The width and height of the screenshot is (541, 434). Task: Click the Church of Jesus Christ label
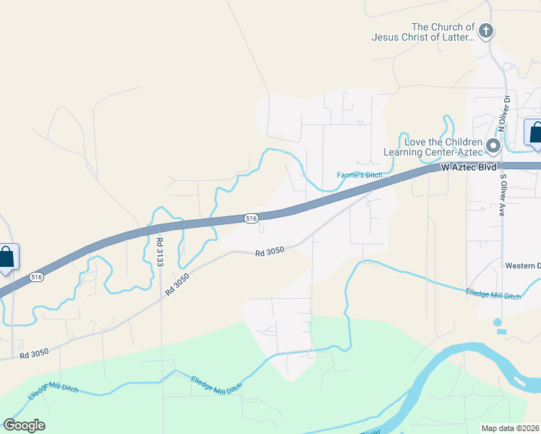pyautogui.click(x=423, y=32)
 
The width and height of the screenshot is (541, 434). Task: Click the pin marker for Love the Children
pyautogui.click(x=494, y=146)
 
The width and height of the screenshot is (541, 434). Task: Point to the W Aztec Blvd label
pyautogui.click(x=469, y=167)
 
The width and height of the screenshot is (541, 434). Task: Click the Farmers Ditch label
pyautogui.click(x=359, y=174)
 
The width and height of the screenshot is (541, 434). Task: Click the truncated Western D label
pyautogui.click(x=524, y=265)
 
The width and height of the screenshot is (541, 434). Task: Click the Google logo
pyautogui.click(x=24, y=425)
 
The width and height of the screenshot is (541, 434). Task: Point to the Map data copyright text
pyautogui.click(x=511, y=428)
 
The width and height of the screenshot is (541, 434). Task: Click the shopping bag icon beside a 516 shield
pyautogui.click(x=7, y=258)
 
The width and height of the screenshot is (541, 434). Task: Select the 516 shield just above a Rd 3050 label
pyautogui.click(x=250, y=218)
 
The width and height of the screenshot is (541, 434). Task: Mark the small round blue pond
pyautogui.click(x=498, y=322)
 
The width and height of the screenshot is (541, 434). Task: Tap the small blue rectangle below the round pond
pyautogui.click(x=502, y=331)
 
